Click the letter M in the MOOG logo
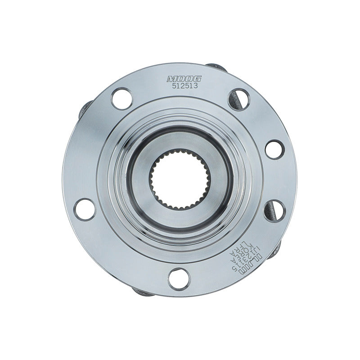click(171, 79)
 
